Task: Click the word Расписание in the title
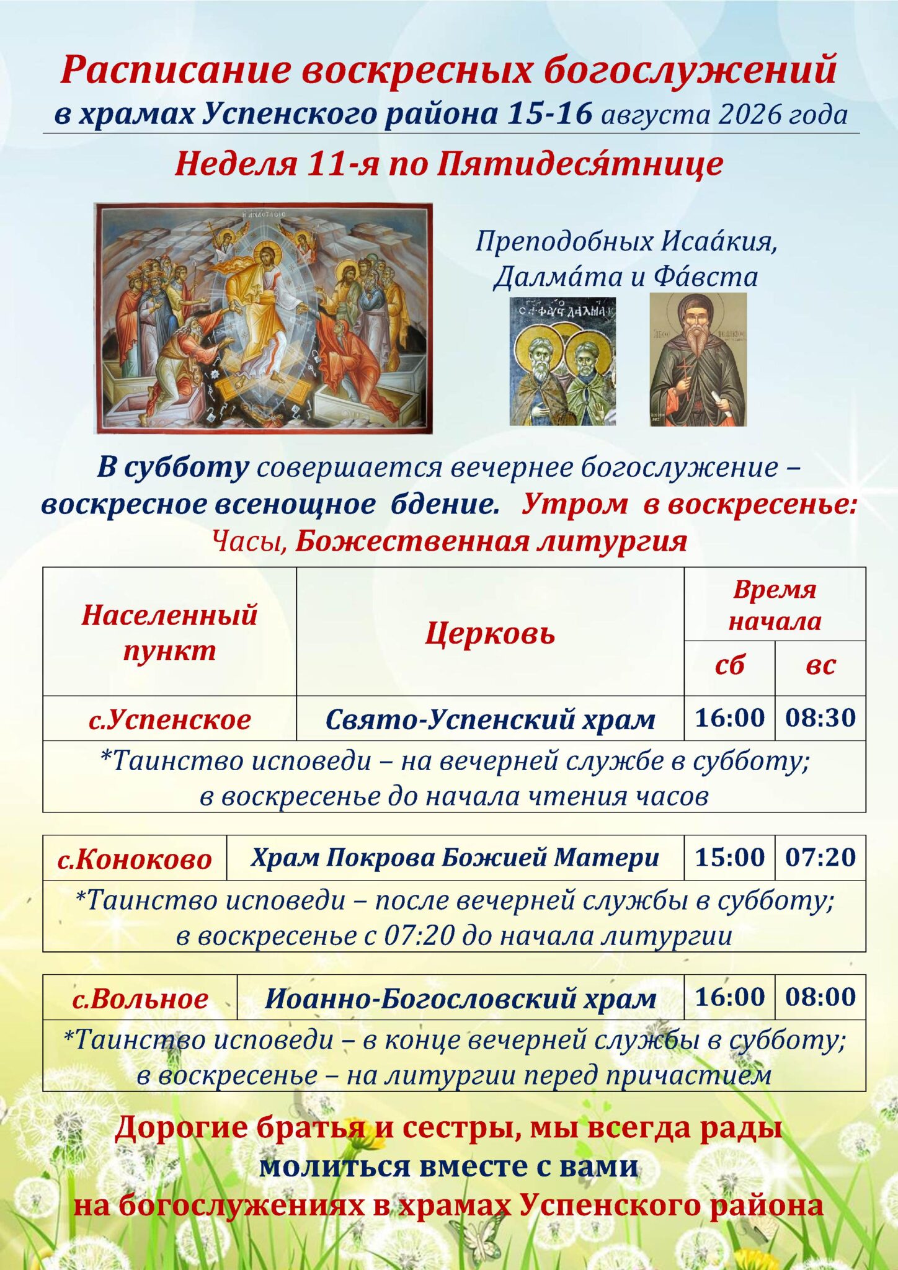[x=176, y=70]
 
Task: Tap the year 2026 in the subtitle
[x=748, y=115]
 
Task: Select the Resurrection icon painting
[x=263, y=318]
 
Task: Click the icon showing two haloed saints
[x=563, y=362]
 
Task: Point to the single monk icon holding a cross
[x=698, y=360]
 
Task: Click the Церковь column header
[x=490, y=633]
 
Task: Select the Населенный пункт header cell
[x=169, y=632]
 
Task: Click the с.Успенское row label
[x=169, y=719]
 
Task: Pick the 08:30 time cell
[x=820, y=718]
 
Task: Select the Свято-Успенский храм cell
[x=490, y=719]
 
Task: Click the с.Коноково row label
[x=135, y=859]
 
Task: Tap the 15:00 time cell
[x=729, y=858]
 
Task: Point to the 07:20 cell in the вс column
[x=820, y=858]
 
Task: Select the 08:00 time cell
[x=820, y=997]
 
